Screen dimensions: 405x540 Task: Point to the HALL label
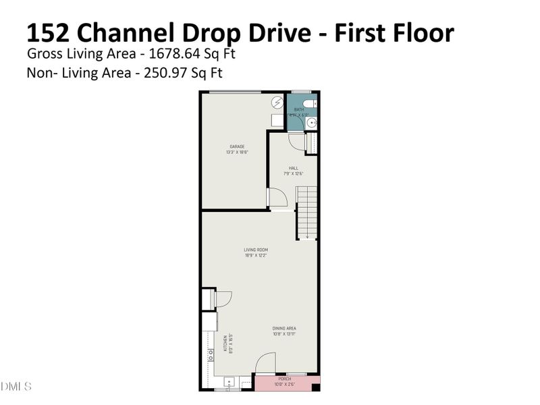294,169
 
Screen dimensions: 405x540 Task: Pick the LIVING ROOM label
256,250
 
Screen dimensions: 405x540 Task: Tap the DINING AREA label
284,329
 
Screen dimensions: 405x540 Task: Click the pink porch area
287,383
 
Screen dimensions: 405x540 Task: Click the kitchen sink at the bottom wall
229,383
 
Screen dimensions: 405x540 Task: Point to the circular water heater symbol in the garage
278,103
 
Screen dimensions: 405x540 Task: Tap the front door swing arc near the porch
266,363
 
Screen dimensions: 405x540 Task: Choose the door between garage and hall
277,197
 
